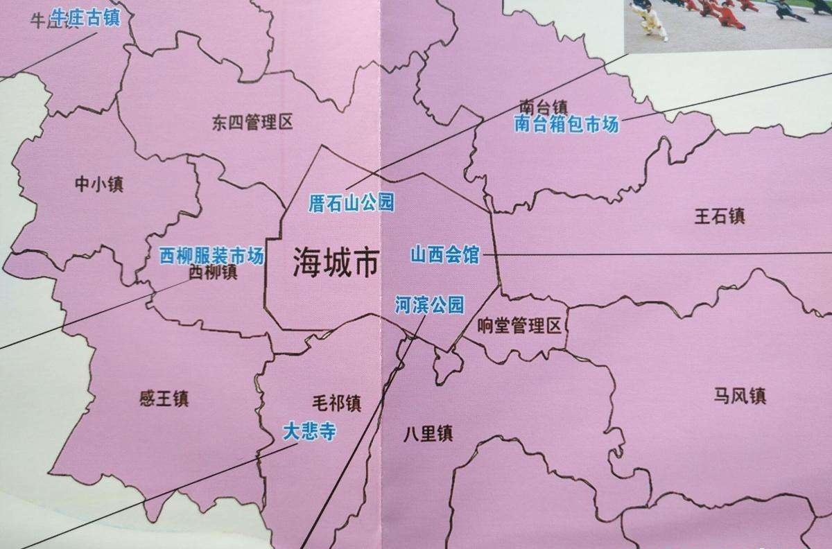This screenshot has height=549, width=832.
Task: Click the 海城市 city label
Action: point(336,263)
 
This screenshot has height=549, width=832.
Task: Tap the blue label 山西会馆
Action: point(444,254)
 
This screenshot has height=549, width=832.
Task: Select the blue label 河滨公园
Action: point(429,304)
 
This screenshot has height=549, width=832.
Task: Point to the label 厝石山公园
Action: point(352,203)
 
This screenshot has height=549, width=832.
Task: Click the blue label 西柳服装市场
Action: point(211,256)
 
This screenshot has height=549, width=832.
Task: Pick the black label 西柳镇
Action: point(214,272)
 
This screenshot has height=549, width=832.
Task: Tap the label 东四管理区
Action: point(252,123)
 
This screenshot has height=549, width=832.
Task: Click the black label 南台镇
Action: point(543,107)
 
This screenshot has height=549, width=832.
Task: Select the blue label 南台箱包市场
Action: point(566,125)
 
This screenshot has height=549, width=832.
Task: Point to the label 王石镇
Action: point(720,216)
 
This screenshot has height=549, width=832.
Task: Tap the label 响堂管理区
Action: point(519,326)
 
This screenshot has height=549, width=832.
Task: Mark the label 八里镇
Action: point(428,435)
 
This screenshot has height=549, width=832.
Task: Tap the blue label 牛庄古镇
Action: point(85,17)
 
